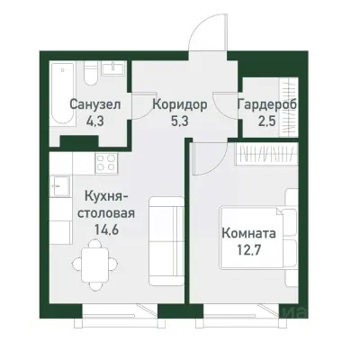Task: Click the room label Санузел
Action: point(91,103)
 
